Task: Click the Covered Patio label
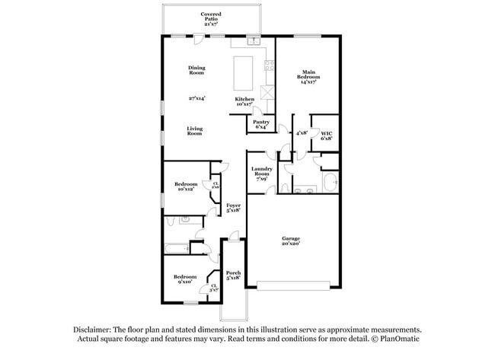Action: tap(211, 18)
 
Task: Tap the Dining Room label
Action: tap(196, 70)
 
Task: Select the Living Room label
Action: tap(195, 130)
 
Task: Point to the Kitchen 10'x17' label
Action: tap(244, 101)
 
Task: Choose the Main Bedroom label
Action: tap(308, 77)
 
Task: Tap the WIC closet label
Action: tap(326, 136)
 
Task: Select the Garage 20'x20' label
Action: tap(292, 240)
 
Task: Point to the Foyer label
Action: tap(233, 206)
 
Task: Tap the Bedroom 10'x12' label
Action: tap(187, 186)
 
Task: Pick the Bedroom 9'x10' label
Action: tap(184, 279)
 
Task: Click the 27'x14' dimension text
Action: tap(196, 98)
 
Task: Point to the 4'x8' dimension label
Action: tap(302, 132)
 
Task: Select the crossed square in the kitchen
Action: tap(267, 93)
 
